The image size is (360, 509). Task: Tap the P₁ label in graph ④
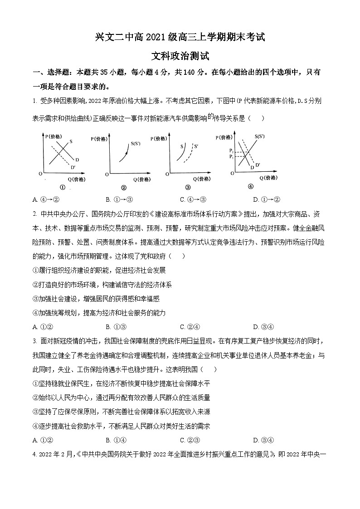pyautogui.click(x=231, y=156)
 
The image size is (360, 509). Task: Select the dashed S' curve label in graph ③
pyautogui.click(x=196, y=146)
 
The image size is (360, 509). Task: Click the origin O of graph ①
pyautogui.click(x=40, y=174)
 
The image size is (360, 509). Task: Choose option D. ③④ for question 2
pyautogui.click(x=263, y=326)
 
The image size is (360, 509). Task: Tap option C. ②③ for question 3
pyautogui.click(x=190, y=440)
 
